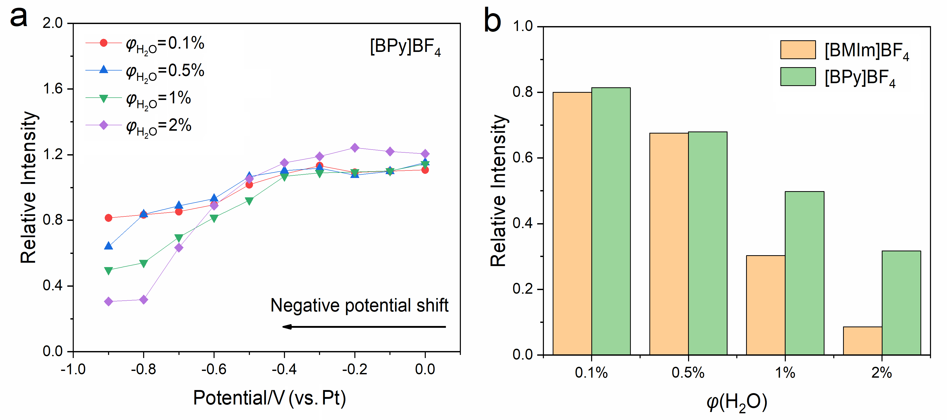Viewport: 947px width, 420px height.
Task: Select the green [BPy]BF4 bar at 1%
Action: coord(804,273)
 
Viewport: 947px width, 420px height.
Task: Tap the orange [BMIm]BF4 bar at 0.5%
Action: coord(669,244)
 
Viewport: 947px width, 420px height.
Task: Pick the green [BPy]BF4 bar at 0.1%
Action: coord(611,221)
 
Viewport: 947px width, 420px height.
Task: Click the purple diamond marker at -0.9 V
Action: coord(109,301)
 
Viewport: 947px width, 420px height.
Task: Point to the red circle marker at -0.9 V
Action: coord(109,218)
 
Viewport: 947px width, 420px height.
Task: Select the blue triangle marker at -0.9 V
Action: coord(109,246)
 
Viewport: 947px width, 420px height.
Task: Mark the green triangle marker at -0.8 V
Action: coord(144,263)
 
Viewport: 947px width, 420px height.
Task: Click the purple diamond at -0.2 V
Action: coord(355,147)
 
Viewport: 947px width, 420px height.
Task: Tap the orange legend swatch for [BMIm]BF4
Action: coord(798,50)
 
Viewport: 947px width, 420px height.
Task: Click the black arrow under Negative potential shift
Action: coord(364,326)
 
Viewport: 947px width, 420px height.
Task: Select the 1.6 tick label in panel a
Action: coord(53,89)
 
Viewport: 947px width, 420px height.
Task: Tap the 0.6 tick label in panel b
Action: coord(523,158)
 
